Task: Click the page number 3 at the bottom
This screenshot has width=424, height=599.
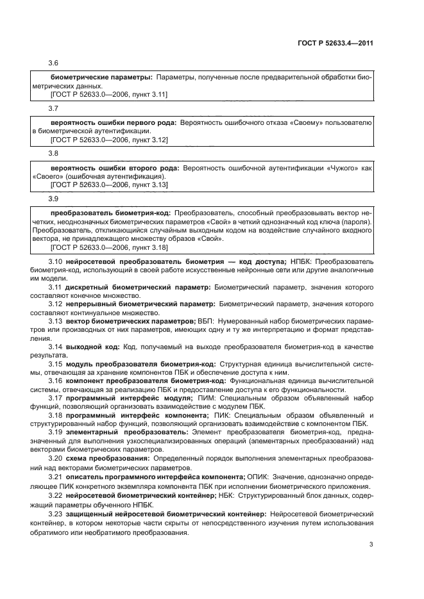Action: pos(371,545)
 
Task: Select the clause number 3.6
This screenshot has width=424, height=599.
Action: pos(54,64)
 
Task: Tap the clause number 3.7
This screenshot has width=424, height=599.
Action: pos(54,109)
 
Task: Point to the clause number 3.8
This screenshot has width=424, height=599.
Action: pos(54,154)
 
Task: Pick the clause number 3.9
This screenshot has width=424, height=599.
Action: pos(54,199)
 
